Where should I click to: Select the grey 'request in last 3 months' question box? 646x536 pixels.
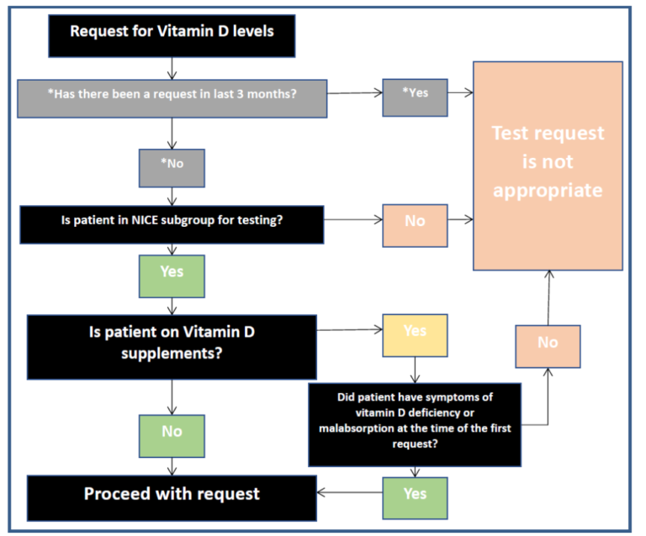172,92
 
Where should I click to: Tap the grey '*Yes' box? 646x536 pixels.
415,92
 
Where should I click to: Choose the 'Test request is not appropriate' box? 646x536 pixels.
548,166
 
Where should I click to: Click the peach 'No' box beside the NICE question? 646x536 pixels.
415,223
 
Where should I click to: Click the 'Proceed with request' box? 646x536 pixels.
172,494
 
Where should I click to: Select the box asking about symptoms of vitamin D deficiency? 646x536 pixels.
415,423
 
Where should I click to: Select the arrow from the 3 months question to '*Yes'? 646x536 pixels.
353,93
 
